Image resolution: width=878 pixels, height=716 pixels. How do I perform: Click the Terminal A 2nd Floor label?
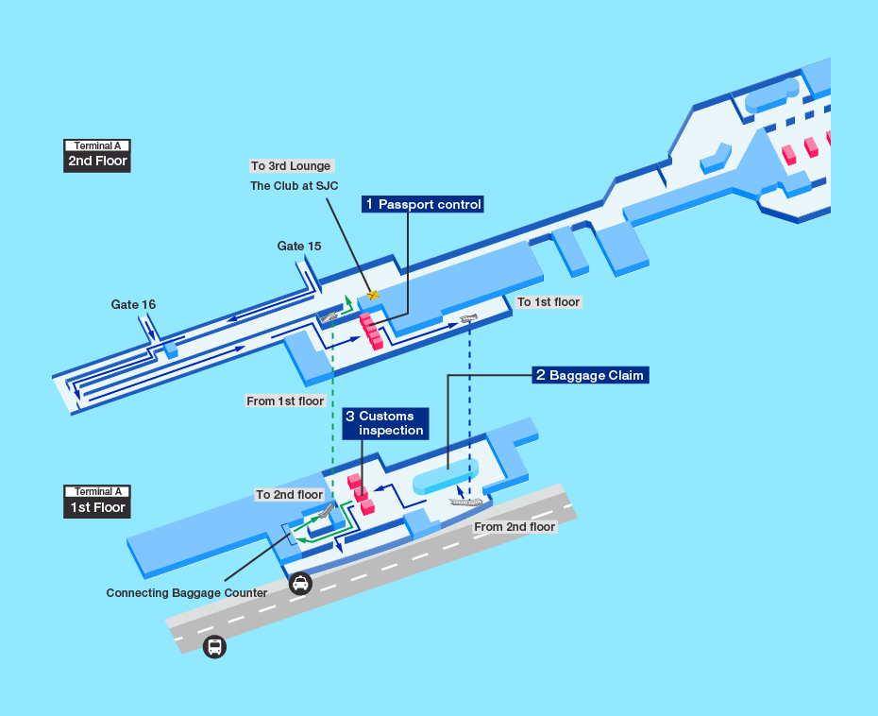(96, 155)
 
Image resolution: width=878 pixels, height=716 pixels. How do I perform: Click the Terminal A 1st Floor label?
(96, 501)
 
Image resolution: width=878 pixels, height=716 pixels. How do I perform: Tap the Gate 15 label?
(299, 247)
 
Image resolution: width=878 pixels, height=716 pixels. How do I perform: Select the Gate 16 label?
(133, 304)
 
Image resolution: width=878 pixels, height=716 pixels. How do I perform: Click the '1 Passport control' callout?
(424, 204)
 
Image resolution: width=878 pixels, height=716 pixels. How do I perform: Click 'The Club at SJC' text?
(294, 186)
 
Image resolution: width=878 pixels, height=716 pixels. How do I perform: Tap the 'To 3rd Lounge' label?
(291, 166)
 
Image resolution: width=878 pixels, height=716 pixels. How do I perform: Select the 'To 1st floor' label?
(549, 302)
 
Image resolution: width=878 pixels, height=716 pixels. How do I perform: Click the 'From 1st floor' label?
(285, 401)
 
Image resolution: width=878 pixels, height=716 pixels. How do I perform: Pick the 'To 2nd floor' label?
(290, 495)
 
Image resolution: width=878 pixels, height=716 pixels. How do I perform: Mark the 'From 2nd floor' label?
(515, 526)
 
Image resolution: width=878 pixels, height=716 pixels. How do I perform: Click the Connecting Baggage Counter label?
(187, 593)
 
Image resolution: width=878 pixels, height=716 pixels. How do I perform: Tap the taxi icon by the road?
(300, 584)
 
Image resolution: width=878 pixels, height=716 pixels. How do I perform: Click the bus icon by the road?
(215, 647)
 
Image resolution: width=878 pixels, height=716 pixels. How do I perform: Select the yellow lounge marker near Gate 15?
(374, 295)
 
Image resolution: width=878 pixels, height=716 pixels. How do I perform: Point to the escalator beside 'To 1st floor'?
(469, 318)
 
